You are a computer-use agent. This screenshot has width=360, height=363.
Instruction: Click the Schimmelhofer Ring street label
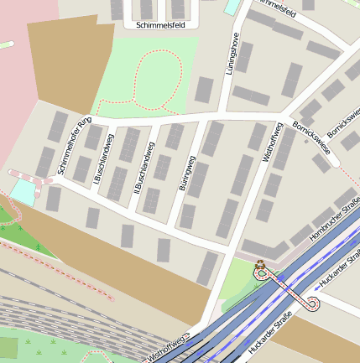point(74,147)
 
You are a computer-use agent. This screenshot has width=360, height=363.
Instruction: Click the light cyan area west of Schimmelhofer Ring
point(23,191)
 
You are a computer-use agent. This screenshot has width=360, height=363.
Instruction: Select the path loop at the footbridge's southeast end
point(313,303)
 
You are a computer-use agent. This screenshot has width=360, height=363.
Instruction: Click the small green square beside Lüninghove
point(205,89)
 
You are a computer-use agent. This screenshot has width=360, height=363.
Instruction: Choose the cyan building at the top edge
point(232,6)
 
